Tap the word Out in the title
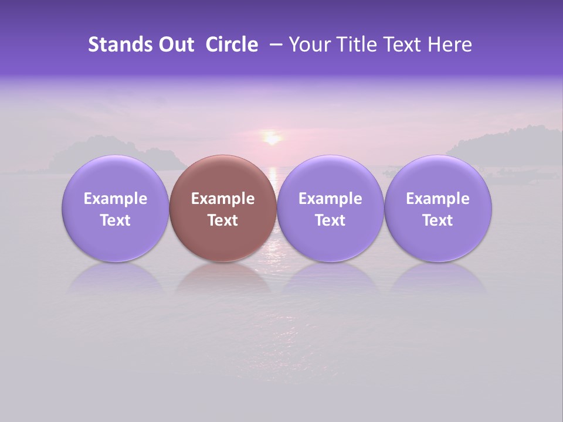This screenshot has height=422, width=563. click(175, 45)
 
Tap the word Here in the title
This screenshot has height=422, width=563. click(449, 45)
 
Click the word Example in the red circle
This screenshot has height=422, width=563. click(223, 199)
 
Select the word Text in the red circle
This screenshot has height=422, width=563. click(223, 220)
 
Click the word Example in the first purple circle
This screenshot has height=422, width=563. click(115, 199)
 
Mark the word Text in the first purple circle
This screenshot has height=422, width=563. click(115, 220)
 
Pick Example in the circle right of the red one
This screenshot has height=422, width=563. click(330, 199)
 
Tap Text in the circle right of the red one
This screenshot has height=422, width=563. click(330, 220)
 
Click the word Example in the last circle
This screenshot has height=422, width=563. click(437, 199)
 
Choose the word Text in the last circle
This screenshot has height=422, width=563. click(437, 220)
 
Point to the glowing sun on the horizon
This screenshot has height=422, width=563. click(272, 138)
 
